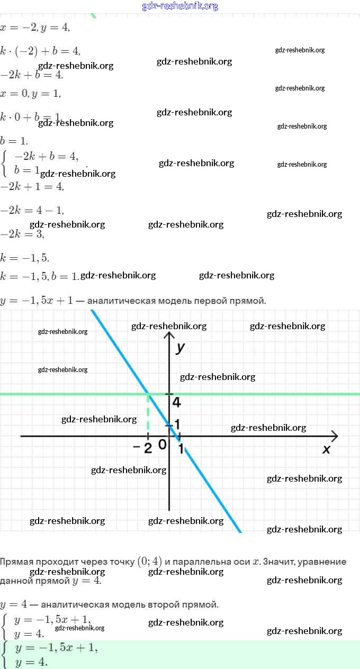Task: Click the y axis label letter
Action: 181,348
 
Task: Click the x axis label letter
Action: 326,449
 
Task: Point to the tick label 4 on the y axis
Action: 176,402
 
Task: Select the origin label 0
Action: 162,445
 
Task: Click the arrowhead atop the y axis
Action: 169,335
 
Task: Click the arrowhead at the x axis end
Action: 334,436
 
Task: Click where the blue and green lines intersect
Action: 148,394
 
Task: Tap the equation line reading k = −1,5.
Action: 25,258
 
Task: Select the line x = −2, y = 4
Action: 35,27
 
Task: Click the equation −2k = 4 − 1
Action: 32,210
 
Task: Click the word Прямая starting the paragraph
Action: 16,562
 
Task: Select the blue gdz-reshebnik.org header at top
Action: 180,6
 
